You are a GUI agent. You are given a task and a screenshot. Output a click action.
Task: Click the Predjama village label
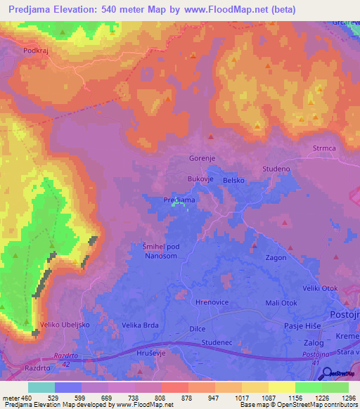[x=179, y=200]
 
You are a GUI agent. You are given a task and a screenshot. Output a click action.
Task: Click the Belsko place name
[x=233, y=181]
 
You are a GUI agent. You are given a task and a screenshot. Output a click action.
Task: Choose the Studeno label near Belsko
[x=276, y=169]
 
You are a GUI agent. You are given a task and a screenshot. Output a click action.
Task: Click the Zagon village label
[x=276, y=258]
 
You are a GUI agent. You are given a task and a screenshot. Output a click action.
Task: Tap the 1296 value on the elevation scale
[x=346, y=398]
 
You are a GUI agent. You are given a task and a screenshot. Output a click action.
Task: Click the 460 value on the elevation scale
[x=27, y=398]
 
